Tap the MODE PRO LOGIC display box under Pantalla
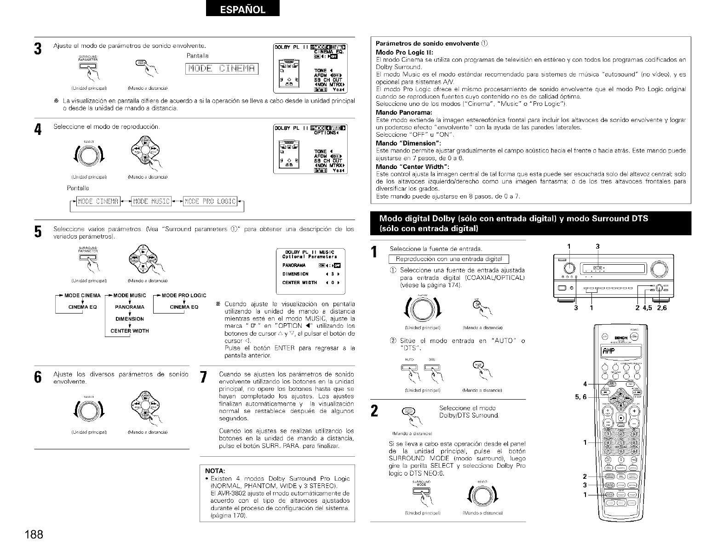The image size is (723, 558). [x=210, y=201]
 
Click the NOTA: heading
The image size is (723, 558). [x=215, y=471]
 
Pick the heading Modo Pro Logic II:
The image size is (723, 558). [x=402, y=52]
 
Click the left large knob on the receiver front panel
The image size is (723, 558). [x=569, y=268]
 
